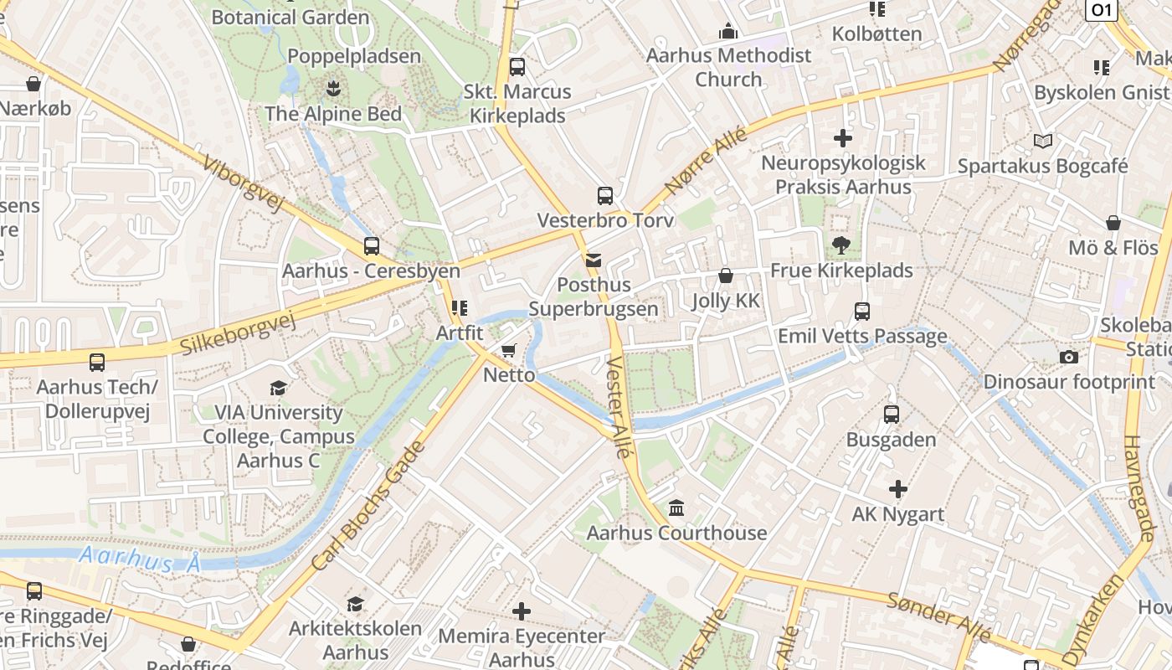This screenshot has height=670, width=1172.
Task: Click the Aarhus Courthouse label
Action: (x=676, y=533)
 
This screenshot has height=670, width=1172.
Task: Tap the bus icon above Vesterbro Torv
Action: (x=605, y=196)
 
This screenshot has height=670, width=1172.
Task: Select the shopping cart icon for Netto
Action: (x=508, y=350)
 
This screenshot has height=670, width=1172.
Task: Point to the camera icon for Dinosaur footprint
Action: (x=1068, y=358)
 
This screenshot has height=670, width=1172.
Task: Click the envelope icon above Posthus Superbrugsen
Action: (x=594, y=260)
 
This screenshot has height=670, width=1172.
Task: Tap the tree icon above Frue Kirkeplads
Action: (x=841, y=245)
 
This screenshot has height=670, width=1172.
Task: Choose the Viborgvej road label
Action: (x=244, y=183)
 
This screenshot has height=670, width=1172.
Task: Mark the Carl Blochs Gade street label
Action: (x=368, y=507)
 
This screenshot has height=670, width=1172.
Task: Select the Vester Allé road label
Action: (x=619, y=407)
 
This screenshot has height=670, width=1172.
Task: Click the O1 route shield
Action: (x=1101, y=9)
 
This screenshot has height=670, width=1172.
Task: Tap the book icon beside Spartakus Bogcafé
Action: (x=1042, y=141)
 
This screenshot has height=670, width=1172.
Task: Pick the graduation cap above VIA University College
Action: (x=278, y=388)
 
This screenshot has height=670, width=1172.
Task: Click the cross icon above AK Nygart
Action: (x=897, y=489)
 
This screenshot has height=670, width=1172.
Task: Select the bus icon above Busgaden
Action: (x=892, y=414)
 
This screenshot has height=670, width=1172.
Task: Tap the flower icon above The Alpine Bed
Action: (x=333, y=88)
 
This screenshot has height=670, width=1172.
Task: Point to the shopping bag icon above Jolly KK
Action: (x=726, y=276)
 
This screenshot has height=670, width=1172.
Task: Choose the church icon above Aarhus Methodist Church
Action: (x=728, y=32)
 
